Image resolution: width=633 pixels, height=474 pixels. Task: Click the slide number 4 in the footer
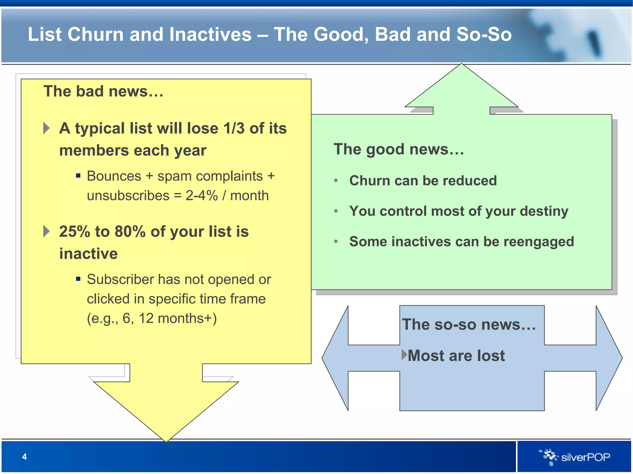click(24, 457)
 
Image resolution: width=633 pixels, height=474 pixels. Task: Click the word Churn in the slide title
click(96, 34)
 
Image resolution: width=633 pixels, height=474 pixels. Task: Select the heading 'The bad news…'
click(103, 91)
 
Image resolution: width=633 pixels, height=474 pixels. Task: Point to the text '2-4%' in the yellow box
click(202, 196)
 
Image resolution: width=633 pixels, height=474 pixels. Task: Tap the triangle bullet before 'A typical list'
click(46, 128)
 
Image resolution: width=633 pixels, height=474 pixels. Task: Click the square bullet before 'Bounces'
click(78, 176)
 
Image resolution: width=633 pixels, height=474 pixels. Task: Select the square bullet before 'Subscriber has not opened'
click(78, 279)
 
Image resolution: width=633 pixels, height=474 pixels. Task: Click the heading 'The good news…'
click(399, 149)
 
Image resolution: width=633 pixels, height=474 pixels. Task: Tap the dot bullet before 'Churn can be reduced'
click(336, 181)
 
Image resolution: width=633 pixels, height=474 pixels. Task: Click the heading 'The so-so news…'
click(469, 325)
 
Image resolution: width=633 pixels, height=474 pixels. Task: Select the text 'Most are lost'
click(456, 355)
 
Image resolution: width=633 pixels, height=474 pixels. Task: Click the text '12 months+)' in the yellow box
click(178, 318)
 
